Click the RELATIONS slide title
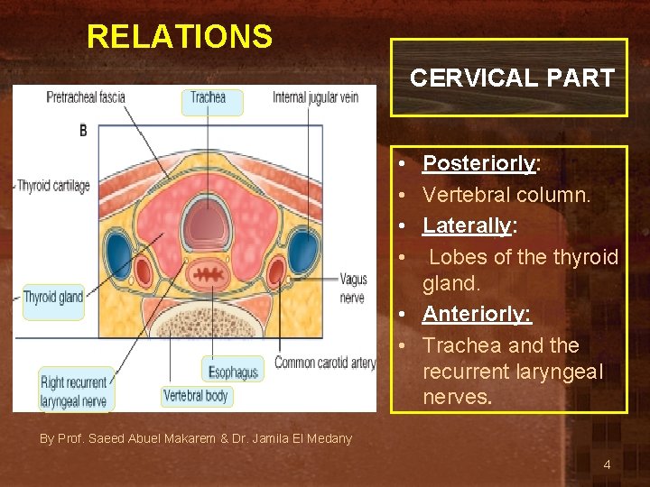(x=179, y=37)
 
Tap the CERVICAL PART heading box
(x=510, y=78)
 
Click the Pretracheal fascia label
(x=87, y=97)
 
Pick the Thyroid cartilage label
(x=53, y=186)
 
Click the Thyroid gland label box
(x=53, y=298)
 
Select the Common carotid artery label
(x=325, y=363)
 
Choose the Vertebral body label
(x=196, y=395)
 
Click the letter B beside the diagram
(x=83, y=131)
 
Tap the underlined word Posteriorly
(x=478, y=163)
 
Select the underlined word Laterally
(x=466, y=225)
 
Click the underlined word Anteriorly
(x=477, y=314)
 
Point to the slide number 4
(x=607, y=464)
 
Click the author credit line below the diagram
(x=196, y=438)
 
